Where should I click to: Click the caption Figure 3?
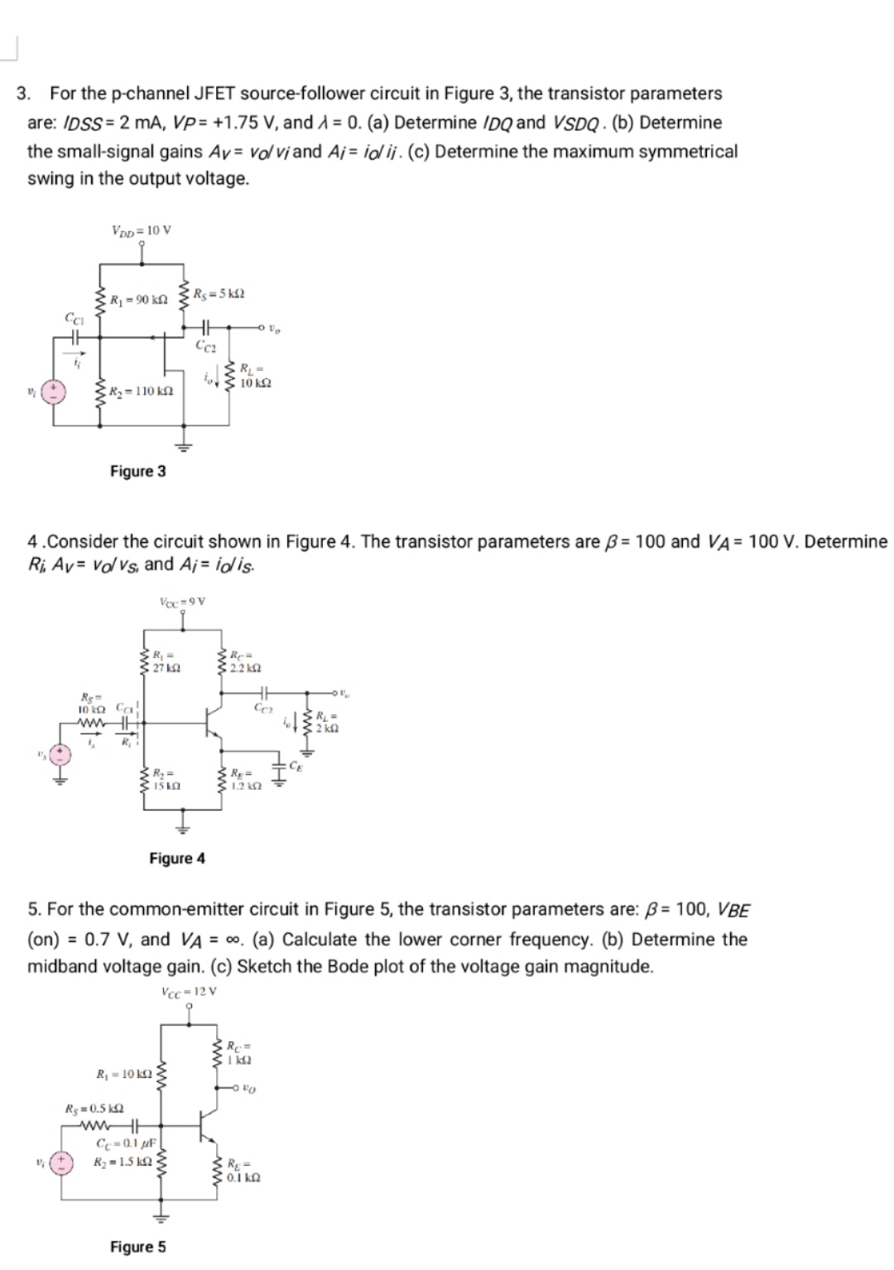(137, 471)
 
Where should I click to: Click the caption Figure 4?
(177, 859)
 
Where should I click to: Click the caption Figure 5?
(137, 1247)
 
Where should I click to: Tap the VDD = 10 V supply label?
(141, 231)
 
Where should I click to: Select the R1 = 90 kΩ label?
(139, 299)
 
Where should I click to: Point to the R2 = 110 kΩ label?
(142, 390)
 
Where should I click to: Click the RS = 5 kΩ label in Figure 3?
(219, 294)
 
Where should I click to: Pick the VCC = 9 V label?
(182, 601)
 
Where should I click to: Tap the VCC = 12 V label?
(190, 991)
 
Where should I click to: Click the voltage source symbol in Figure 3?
(55, 391)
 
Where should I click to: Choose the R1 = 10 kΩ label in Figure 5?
(124, 1075)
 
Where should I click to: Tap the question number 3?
(24, 94)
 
